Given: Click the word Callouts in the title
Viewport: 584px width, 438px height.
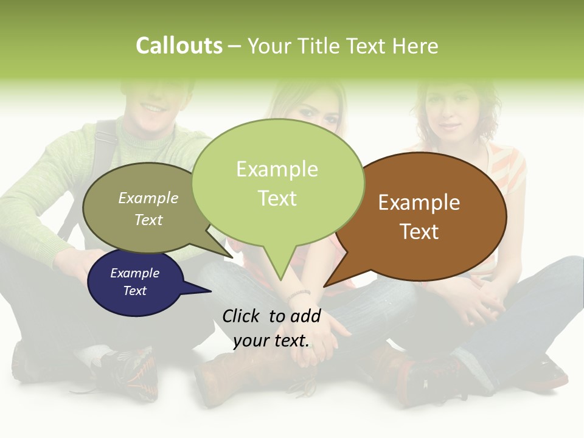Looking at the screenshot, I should point(179,46).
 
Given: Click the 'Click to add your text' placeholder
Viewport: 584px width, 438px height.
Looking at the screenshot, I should point(271,328).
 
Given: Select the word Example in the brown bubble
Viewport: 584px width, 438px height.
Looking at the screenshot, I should point(419,203).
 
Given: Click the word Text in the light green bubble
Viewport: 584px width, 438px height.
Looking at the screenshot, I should point(277,198).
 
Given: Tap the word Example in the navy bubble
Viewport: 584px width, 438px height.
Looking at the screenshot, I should point(134,273).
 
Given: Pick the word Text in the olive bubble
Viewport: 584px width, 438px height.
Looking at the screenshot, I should point(148,220).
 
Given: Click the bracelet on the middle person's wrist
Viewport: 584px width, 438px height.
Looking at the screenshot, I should point(299,295).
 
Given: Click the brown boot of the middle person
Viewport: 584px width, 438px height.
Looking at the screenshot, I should point(219,377).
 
